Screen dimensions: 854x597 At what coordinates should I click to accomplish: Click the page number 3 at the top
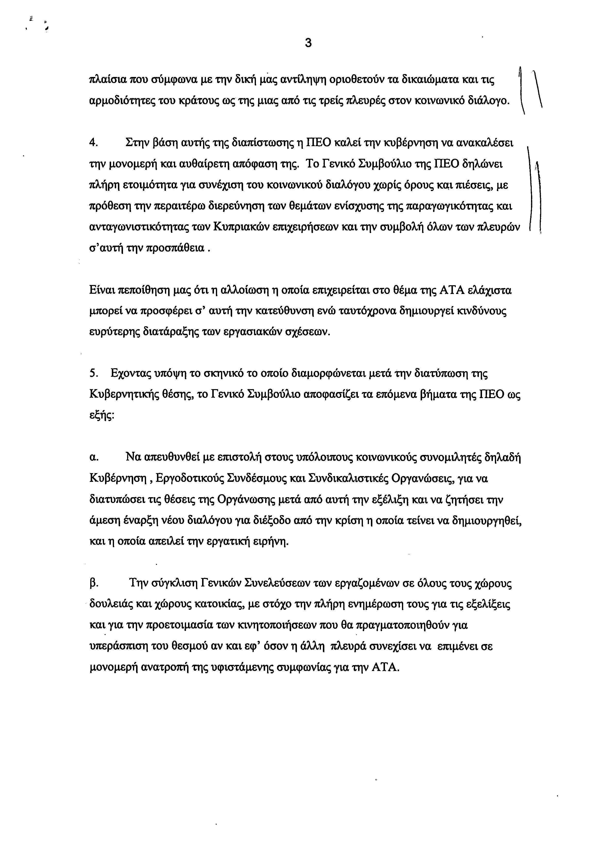pyautogui.click(x=308, y=43)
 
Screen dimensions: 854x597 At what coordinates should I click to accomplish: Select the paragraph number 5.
pyautogui.click(x=93, y=373)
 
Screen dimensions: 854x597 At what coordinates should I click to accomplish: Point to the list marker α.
pyautogui.click(x=94, y=458)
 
